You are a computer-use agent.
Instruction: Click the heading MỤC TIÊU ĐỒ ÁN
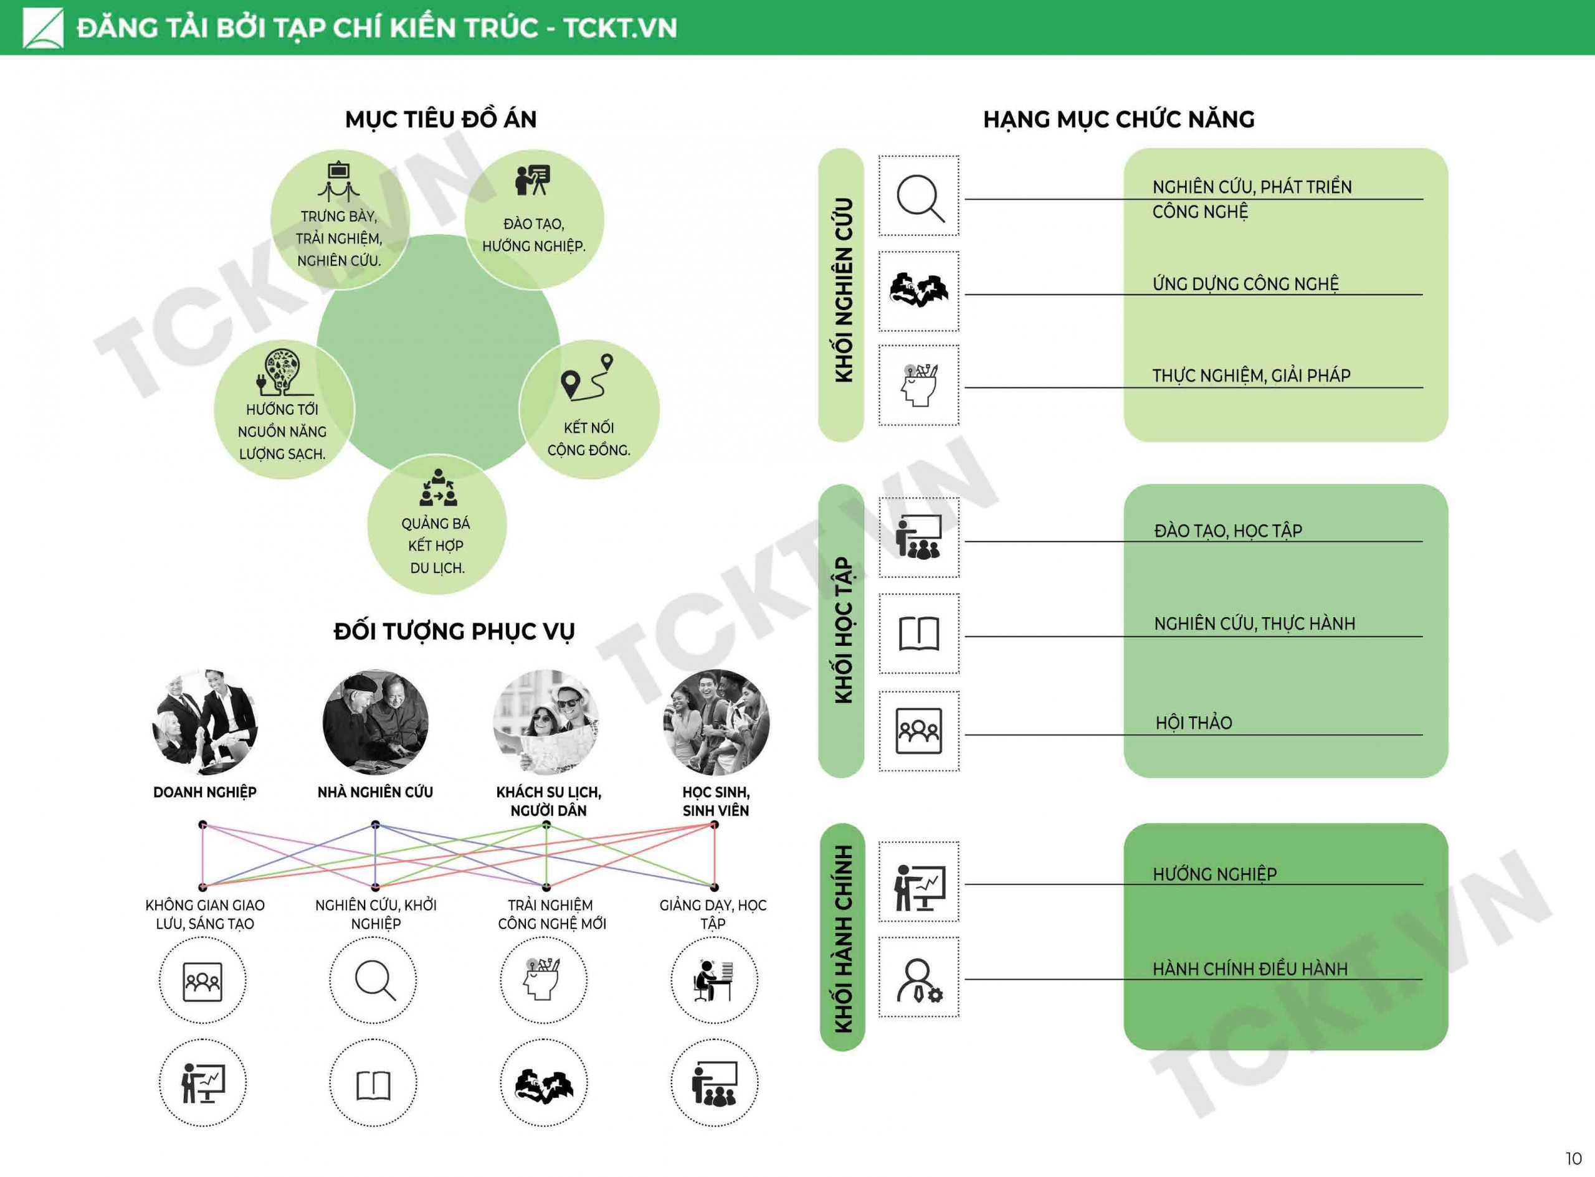[440, 120]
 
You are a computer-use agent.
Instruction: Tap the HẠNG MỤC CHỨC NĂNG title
[1119, 120]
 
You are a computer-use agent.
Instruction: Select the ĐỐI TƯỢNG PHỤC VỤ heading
[454, 632]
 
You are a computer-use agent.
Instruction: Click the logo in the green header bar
[43, 28]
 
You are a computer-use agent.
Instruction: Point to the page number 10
[1573, 1158]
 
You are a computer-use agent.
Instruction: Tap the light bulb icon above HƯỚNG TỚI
[283, 372]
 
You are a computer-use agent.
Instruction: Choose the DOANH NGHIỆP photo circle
[204, 722]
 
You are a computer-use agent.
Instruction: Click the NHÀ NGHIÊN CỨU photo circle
[376, 722]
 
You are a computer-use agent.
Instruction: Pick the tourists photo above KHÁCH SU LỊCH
[546, 722]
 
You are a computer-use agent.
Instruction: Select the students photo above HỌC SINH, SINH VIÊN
[717, 722]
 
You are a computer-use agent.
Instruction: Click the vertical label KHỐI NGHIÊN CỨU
[843, 290]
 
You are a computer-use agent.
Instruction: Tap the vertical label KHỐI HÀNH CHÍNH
[843, 938]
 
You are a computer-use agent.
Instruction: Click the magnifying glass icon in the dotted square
[920, 197]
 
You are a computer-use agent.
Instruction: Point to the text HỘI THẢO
[1194, 723]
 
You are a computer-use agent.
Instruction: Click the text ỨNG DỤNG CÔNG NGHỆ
[1245, 284]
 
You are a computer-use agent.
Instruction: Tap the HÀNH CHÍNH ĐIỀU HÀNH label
[1250, 969]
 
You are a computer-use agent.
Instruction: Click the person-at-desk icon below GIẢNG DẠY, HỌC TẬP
[713, 980]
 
